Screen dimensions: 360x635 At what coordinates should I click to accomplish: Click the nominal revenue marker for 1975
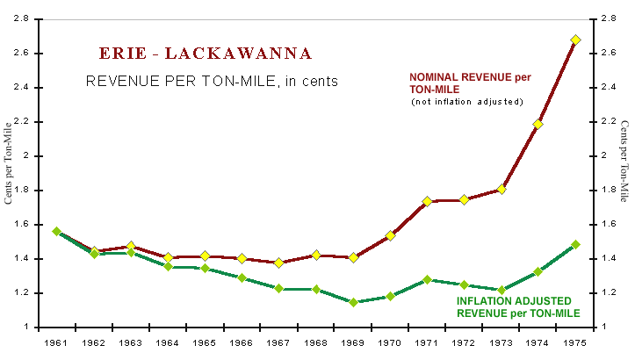point(575,40)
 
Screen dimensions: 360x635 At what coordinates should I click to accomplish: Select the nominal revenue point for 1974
point(538,124)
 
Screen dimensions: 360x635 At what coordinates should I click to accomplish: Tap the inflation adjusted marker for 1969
point(353,302)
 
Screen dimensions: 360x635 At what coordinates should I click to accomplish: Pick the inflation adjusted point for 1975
point(575,245)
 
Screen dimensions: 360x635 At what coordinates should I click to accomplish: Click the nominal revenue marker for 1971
point(428,201)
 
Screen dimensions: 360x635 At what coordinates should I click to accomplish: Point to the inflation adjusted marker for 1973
point(502,290)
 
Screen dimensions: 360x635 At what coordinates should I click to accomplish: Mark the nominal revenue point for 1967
point(279,263)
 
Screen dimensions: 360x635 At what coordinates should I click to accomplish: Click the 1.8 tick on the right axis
point(604,190)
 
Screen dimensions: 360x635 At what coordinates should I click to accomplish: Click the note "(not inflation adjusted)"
point(466,103)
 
